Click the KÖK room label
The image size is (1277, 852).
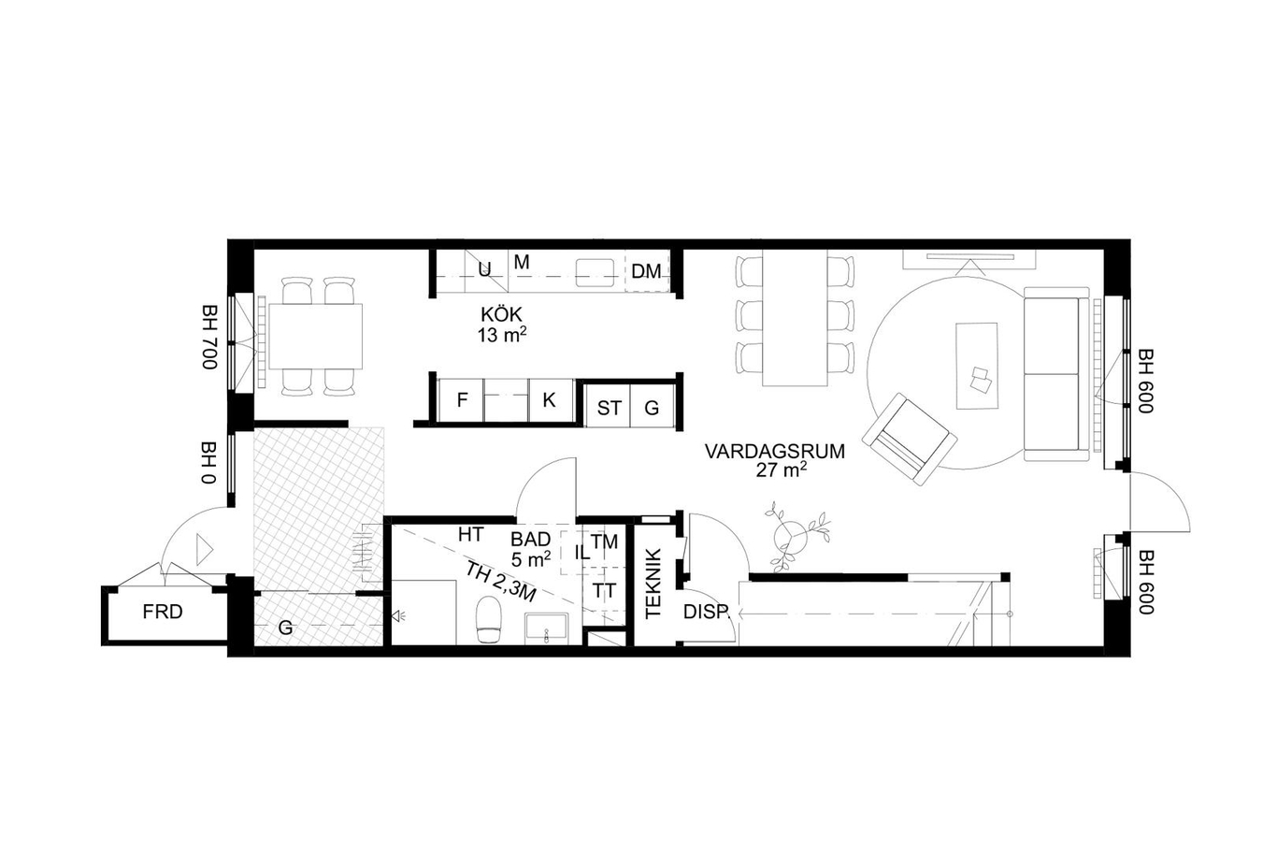[x=502, y=314]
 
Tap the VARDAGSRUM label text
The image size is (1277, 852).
[x=775, y=452]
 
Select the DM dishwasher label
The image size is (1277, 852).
[x=647, y=271]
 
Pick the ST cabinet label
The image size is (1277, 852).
[x=609, y=409]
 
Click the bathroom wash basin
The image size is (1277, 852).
[x=546, y=628]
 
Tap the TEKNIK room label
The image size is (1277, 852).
[x=653, y=584]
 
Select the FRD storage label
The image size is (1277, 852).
[x=163, y=612]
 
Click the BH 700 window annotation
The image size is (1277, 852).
[x=209, y=337]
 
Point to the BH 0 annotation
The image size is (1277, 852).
[x=209, y=462]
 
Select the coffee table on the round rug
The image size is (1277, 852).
[x=977, y=366]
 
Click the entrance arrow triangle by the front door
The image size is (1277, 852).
[x=204, y=550]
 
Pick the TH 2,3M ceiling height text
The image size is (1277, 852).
[x=500, y=583]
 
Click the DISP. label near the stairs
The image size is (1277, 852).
[x=707, y=613]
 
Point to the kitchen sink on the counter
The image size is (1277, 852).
[x=595, y=273]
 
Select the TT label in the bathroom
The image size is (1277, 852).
[x=604, y=591]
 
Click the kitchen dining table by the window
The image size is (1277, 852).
[x=315, y=337]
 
